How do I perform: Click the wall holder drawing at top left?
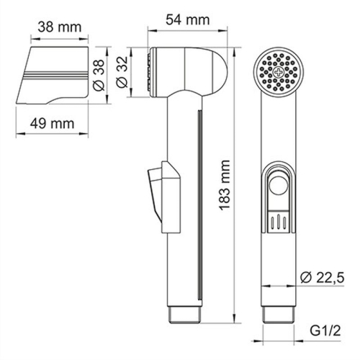click(x=54, y=76)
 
